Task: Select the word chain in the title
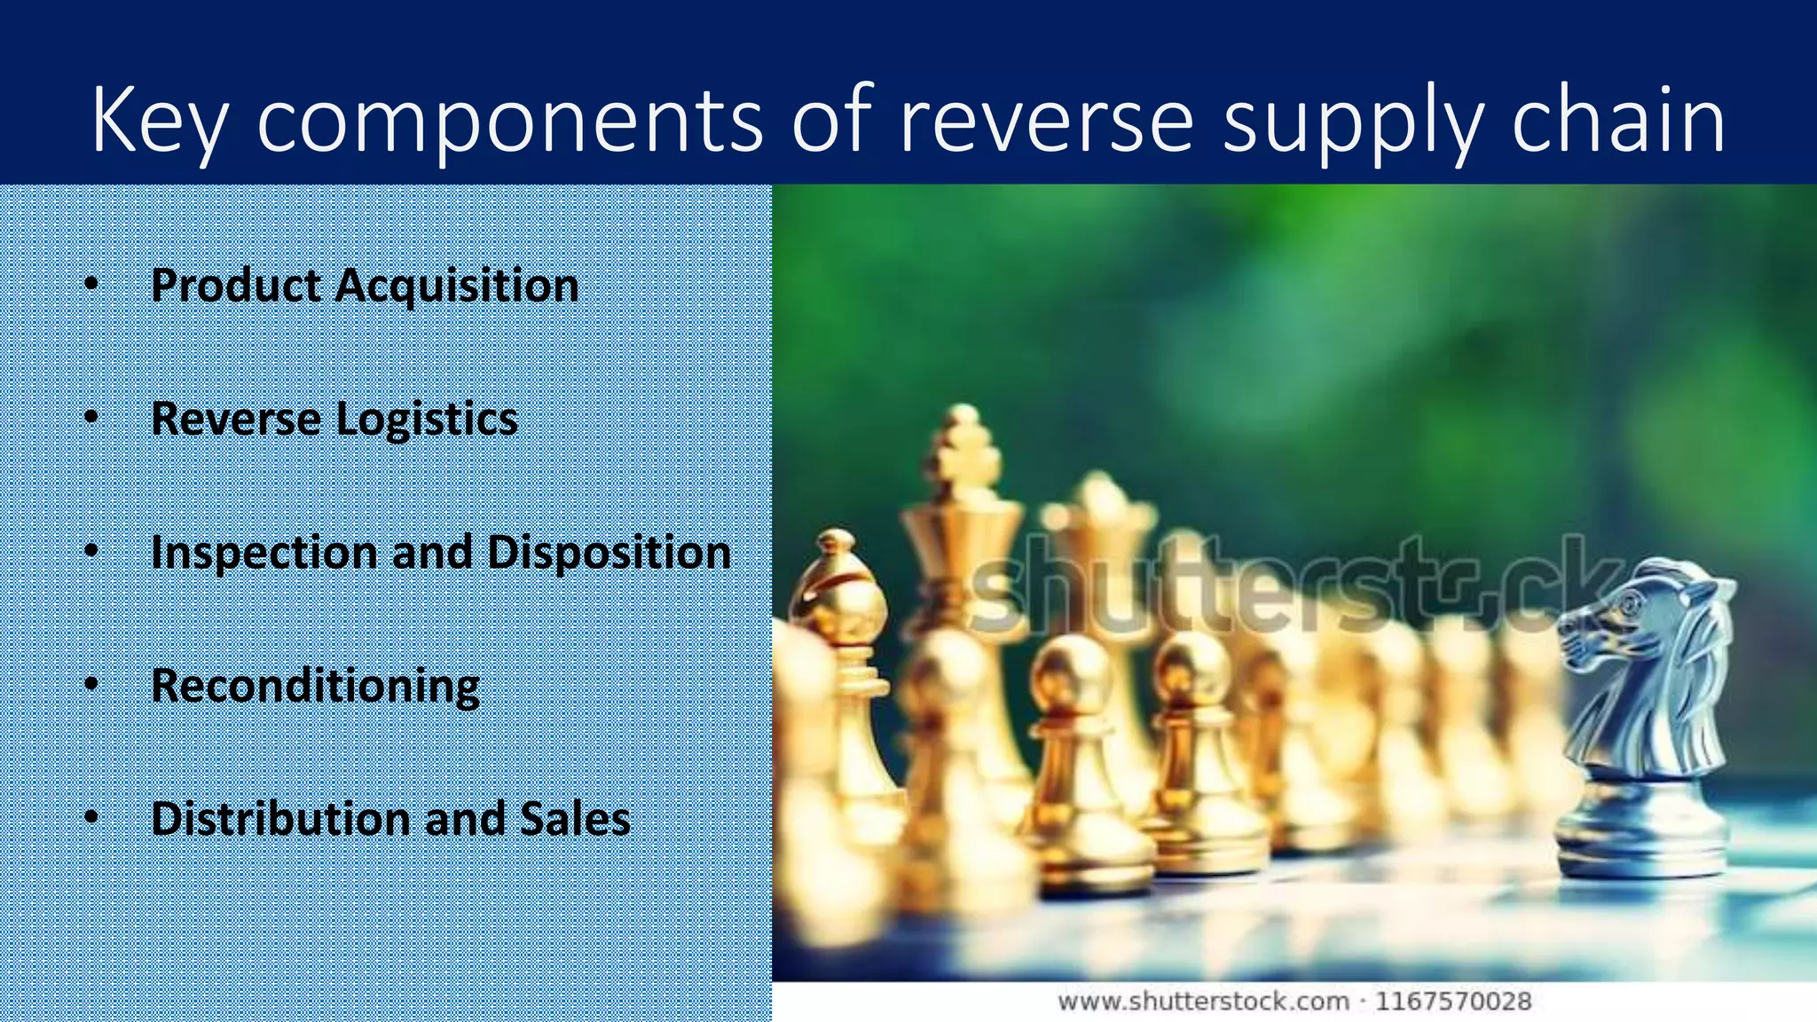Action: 1618,120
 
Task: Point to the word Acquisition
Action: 457,286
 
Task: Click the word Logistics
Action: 427,419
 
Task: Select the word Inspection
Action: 264,553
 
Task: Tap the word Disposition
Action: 610,553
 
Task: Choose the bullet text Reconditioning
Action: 315,686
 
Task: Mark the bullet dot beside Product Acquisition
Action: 91,286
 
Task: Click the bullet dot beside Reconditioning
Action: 91,686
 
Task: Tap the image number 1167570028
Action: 1453,1002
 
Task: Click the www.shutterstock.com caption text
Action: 1203,1002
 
